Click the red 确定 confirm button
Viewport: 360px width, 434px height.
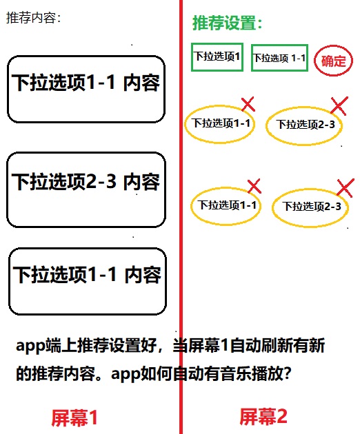point(333,61)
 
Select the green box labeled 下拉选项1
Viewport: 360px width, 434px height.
point(217,57)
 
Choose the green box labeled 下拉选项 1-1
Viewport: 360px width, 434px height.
point(279,58)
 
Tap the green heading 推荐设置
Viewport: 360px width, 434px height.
point(227,23)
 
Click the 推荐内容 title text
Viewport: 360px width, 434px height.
point(33,18)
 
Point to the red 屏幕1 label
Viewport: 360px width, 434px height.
point(74,417)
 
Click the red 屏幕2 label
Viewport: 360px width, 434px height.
point(263,417)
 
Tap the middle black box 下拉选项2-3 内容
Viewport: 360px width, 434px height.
point(86,189)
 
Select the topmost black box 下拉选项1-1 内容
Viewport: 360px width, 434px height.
point(86,89)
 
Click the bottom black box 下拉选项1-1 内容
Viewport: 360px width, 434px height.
point(88,281)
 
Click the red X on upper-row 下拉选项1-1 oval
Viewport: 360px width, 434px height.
point(248,104)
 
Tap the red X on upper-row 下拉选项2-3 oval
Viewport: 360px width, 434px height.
point(339,105)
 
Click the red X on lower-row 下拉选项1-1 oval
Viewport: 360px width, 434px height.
point(254,186)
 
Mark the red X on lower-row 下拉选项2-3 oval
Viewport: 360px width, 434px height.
point(346,188)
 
